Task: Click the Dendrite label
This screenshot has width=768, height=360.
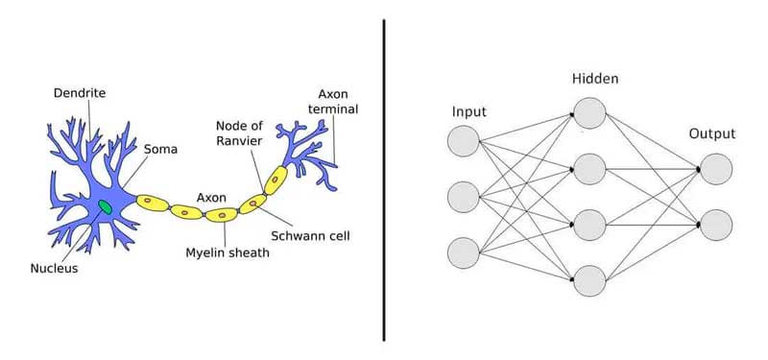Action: point(79,94)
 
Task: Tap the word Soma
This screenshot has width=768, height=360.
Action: point(160,150)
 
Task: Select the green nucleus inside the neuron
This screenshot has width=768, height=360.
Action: point(105,205)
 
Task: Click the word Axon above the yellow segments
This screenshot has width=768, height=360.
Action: point(211,197)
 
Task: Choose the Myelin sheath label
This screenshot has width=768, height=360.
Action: point(228,253)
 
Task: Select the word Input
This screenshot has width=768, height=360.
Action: point(468,113)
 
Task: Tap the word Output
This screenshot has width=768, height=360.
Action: point(712,133)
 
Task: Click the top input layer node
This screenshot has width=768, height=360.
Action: point(463,142)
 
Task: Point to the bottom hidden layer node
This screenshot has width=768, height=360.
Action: point(589,280)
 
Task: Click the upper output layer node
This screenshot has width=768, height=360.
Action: point(715,169)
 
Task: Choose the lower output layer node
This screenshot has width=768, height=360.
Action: point(715,224)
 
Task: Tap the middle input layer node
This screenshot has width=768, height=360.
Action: point(463,197)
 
